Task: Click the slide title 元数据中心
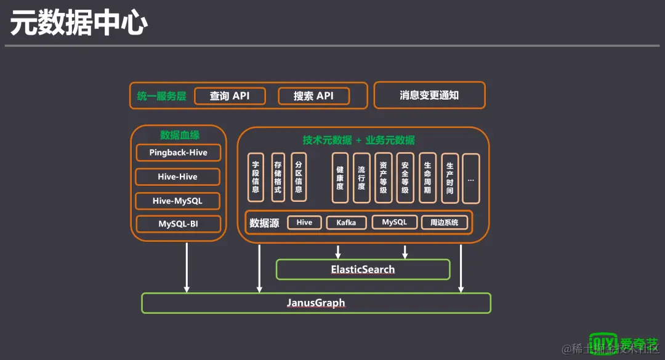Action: [79, 23]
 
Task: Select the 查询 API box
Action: [230, 96]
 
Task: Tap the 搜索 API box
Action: [313, 96]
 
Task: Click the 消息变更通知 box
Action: [429, 95]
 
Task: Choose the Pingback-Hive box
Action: [178, 153]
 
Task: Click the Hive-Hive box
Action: [178, 177]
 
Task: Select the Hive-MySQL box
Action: [178, 201]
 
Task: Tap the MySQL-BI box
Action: [178, 224]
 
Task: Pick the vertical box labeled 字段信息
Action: [256, 177]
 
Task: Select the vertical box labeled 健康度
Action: [340, 178]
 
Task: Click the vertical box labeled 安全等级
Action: [405, 178]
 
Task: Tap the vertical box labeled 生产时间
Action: [450, 178]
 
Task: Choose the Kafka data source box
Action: [346, 223]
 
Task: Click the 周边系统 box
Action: [443, 223]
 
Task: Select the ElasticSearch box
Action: [363, 270]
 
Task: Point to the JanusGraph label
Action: [316, 303]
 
